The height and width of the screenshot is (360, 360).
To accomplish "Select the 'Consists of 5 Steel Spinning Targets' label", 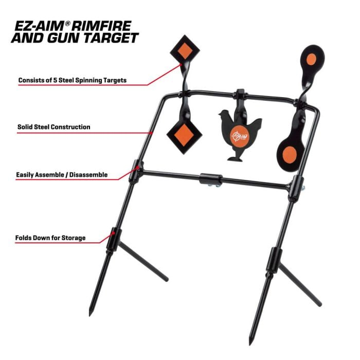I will pos(72,80).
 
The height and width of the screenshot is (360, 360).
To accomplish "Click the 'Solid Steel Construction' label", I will pos(53,127).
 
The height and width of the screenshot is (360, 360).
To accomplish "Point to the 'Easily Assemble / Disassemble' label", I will pos(62,175).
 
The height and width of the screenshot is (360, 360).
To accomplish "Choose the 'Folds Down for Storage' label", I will pos(50,238).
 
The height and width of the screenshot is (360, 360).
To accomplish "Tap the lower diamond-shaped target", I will pos(184,134).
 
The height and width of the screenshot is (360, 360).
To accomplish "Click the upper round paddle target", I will pos(312,59).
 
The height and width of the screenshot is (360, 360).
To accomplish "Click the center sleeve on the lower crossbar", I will pos(211,180).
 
